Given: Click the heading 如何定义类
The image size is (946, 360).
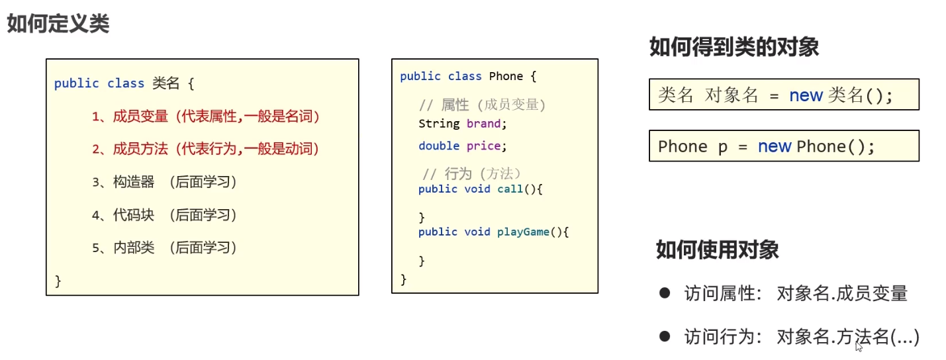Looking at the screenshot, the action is click(58, 24).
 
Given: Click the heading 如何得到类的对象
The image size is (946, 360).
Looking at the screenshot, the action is click(734, 47).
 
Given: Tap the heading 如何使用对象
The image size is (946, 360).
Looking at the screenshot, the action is click(718, 249).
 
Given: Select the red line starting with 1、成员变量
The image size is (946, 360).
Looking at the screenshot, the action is click(206, 116).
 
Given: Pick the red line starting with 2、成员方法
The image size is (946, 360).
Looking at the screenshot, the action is click(206, 149).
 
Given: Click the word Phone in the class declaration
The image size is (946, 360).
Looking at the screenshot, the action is click(506, 76).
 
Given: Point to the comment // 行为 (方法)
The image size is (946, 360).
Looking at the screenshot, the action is click(473, 173).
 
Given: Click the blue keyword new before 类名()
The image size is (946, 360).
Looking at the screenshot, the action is click(806, 95).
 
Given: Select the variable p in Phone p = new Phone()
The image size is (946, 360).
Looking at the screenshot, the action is click(722, 146).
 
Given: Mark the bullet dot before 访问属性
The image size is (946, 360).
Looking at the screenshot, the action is click(665, 292).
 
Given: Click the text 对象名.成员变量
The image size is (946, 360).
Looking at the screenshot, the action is click(842, 293).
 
